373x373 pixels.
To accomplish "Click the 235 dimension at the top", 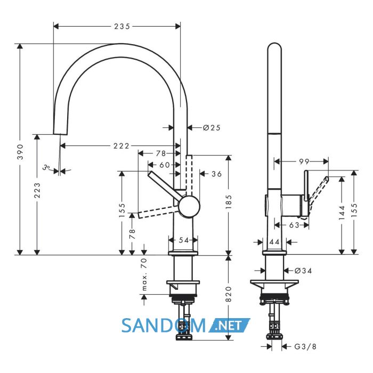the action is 122,26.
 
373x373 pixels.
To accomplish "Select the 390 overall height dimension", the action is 21,152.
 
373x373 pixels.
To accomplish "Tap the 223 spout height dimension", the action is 37,190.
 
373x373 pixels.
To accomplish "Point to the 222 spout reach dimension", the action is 121,145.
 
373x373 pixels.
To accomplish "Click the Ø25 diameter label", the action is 212,128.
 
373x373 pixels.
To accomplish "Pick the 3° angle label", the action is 46,167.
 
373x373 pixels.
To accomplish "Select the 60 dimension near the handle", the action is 165,165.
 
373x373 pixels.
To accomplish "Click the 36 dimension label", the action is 216,174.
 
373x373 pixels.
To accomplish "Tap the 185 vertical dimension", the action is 229,202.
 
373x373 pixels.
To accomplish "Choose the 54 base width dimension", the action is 183,240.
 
